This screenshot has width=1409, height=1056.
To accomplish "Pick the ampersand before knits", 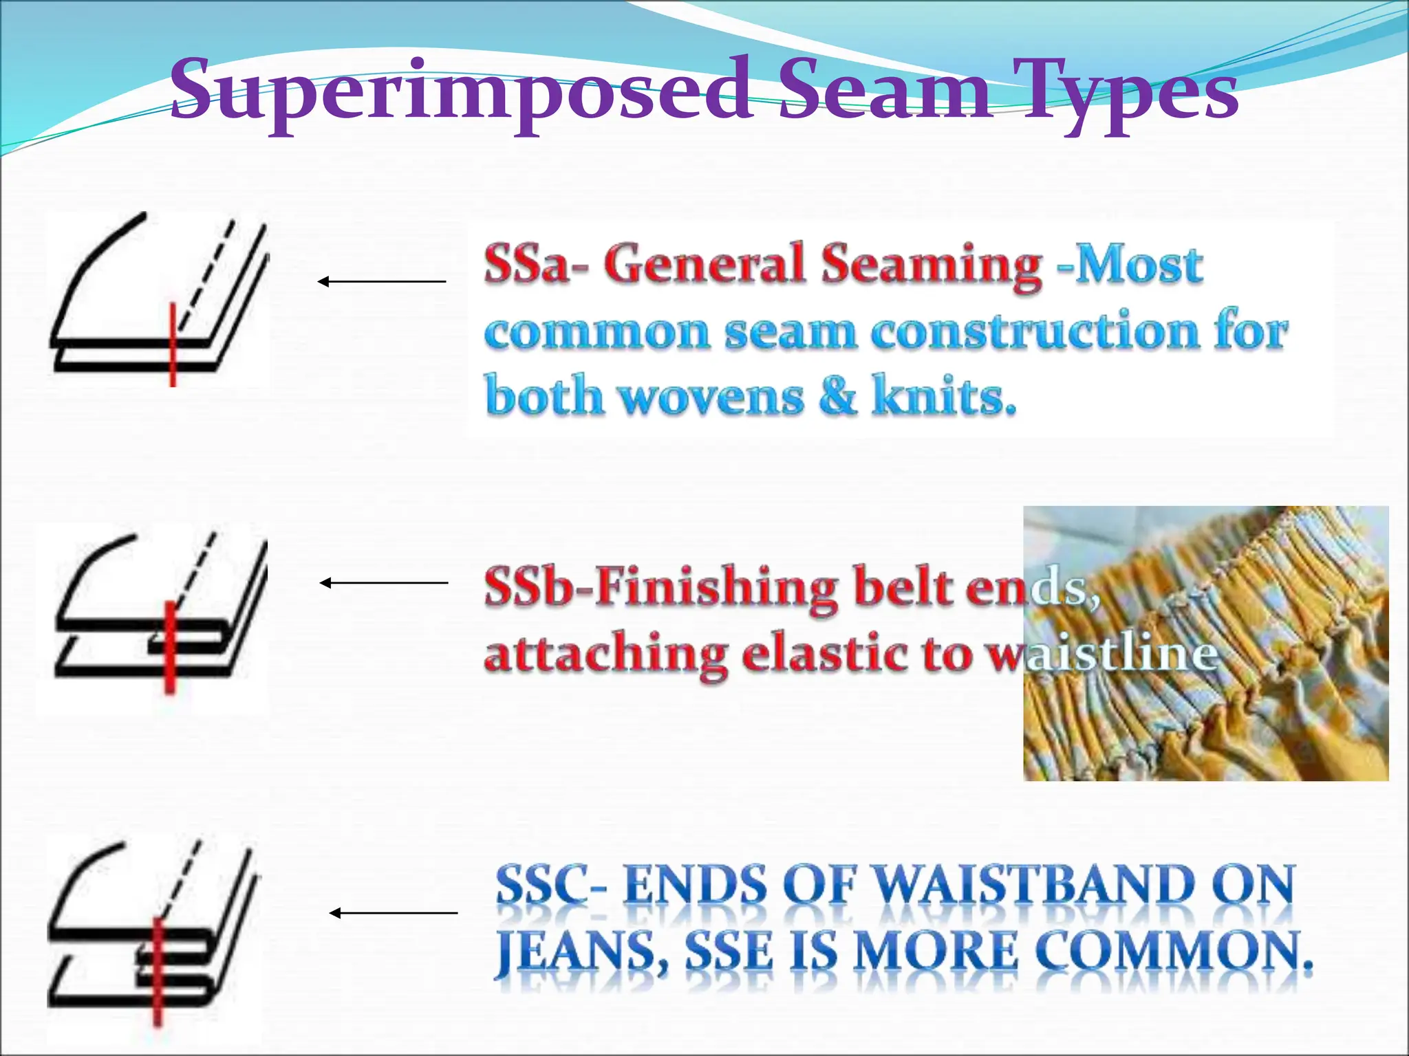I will [837, 396].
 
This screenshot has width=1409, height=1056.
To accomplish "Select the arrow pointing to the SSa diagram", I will [382, 281].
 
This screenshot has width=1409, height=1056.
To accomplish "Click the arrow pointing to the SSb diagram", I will [383, 583].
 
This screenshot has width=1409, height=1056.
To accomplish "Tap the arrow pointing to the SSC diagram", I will [393, 913].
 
